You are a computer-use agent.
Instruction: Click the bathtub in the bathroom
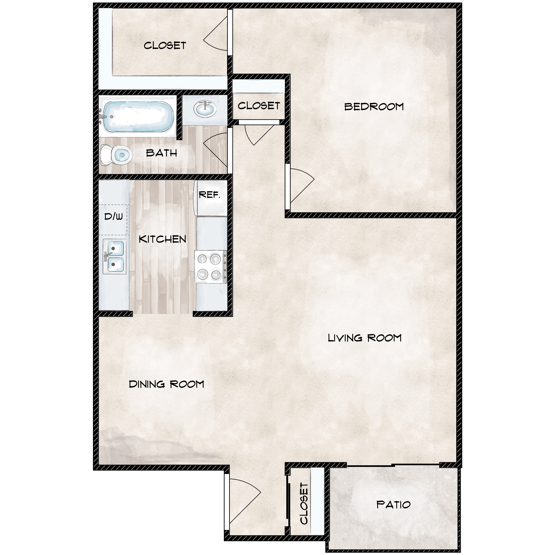[137, 117]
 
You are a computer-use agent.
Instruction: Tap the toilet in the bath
[116, 155]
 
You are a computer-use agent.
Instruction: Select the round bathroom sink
[205, 109]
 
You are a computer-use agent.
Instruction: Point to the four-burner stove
[211, 267]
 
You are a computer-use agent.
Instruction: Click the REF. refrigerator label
[210, 195]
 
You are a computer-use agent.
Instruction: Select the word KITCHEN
[162, 239]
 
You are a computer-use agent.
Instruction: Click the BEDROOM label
[374, 107]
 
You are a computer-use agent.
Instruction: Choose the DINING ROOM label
[166, 384]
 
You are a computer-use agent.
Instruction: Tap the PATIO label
[394, 505]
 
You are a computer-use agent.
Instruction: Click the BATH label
[161, 153]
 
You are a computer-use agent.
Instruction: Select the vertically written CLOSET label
[304, 503]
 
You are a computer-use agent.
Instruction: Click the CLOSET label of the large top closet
[165, 45]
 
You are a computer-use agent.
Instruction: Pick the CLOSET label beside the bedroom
[259, 106]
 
